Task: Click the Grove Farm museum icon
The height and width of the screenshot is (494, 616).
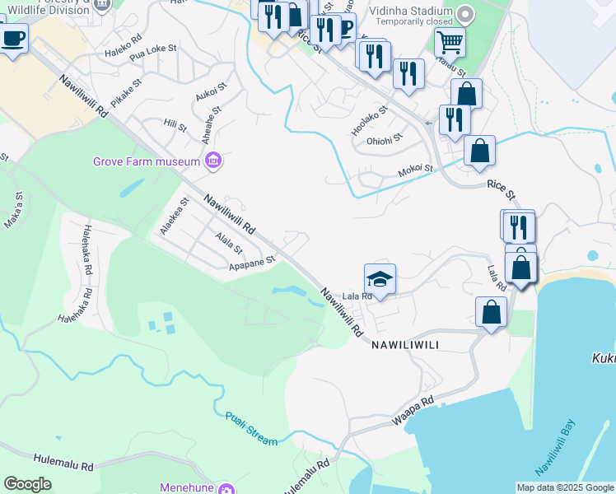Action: coord(213,160)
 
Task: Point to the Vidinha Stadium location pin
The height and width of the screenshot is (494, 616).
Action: coord(465,15)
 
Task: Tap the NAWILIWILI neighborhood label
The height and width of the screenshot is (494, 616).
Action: coord(413,345)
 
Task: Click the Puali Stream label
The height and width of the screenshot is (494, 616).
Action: coord(251,429)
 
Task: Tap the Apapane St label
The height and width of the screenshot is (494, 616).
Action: coord(251,263)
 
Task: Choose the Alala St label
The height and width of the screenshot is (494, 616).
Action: coord(228,244)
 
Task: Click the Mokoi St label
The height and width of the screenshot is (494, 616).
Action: coord(415,169)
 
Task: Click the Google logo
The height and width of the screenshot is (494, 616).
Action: coord(27,484)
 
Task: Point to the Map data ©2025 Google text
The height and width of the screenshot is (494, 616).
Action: coord(565,487)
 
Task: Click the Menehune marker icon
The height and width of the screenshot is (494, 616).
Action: coord(226,488)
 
